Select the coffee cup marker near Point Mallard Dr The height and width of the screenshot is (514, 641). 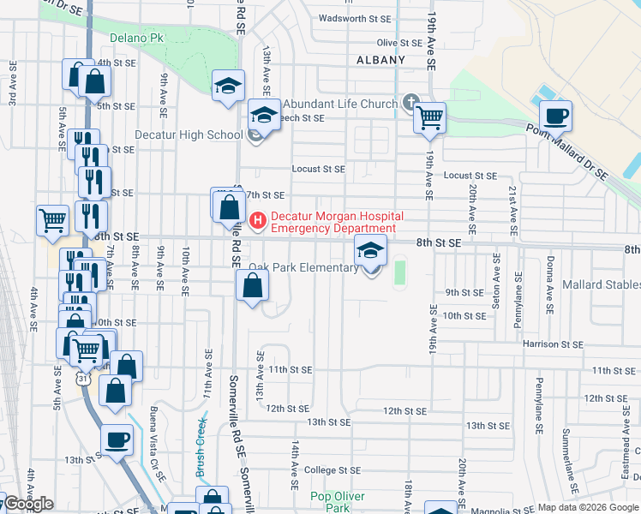[x=555, y=115]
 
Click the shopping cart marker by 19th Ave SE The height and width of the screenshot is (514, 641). [x=430, y=117]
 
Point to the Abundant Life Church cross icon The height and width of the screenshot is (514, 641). [x=410, y=103]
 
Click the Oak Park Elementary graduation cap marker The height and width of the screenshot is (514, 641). [x=371, y=251]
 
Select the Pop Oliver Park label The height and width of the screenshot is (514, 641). [x=338, y=502]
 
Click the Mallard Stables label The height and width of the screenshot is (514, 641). [x=601, y=284]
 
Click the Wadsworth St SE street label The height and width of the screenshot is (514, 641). [x=354, y=18]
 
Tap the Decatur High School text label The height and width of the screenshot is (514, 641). [x=189, y=134]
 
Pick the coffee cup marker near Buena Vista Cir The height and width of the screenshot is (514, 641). [x=117, y=440]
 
